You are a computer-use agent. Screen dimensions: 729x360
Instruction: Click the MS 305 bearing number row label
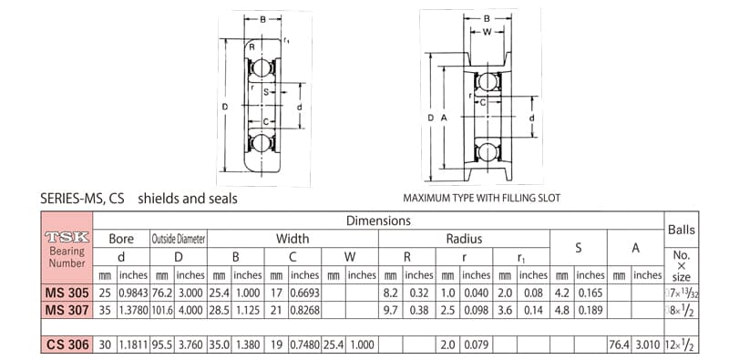coord(67,293)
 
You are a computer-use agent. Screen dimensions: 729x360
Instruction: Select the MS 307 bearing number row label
coord(67,310)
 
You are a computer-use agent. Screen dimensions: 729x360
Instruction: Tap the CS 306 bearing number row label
coord(67,345)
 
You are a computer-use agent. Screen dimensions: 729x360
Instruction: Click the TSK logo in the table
coord(67,237)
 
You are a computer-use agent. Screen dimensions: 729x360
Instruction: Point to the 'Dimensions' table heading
coord(378,221)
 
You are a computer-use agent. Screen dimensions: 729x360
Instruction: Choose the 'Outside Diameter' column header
coord(179,239)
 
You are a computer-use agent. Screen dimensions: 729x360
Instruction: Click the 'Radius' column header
coord(464,239)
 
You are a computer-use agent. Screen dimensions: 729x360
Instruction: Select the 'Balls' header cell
coord(681,230)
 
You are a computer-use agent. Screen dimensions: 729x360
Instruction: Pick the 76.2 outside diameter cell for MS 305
coord(162,293)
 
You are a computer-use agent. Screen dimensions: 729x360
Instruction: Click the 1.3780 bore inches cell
coord(133,310)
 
